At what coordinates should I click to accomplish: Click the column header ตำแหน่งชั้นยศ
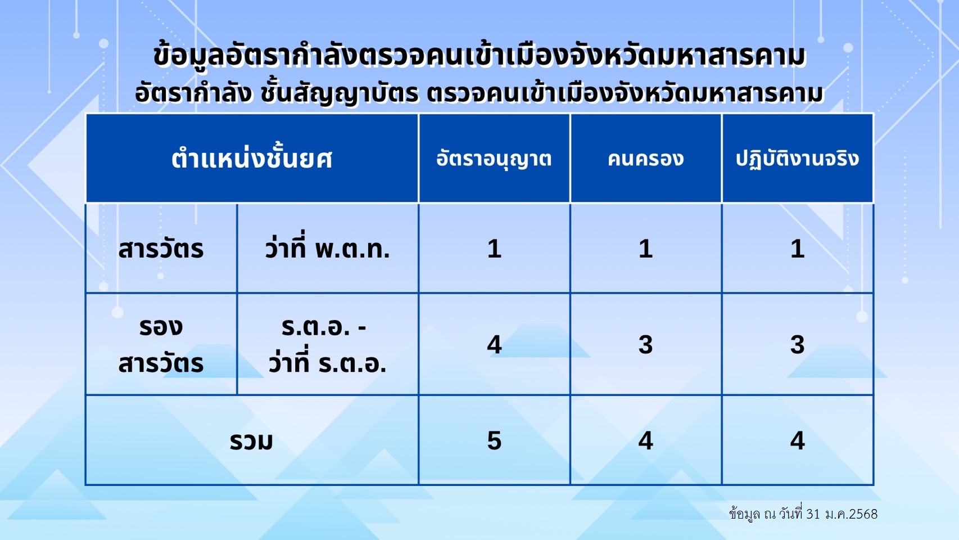[x=252, y=159]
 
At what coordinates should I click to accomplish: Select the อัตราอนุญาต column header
[x=494, y=159]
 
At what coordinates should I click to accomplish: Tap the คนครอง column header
[x=646, y=159]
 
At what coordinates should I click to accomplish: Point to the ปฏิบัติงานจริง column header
[x=797, y=159]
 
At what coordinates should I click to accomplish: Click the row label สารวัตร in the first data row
[x=161, y=249]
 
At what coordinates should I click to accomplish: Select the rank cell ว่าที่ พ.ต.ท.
[x=328, y=247]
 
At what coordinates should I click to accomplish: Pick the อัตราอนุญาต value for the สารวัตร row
[x=494, y=249]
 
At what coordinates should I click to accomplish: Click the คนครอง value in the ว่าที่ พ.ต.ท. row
[x=646, y=249]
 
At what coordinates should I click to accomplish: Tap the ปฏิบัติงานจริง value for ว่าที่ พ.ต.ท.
[x=797, y=249]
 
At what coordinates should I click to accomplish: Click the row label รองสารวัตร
[x=161, y=345]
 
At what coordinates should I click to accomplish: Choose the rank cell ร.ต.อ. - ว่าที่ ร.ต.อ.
[x=328, y=345]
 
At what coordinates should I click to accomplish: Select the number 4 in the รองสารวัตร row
[x=494, y=345]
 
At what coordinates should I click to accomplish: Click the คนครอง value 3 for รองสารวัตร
[x=646, y=345]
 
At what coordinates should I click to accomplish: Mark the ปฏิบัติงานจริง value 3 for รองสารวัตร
[x=797, y=345]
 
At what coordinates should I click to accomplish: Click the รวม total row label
[x=251, y=441]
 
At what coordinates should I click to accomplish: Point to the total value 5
[x=494, y=440]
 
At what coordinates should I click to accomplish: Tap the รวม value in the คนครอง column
[x=646, y=440]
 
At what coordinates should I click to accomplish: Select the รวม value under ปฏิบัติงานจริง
[x=797, y=440]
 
